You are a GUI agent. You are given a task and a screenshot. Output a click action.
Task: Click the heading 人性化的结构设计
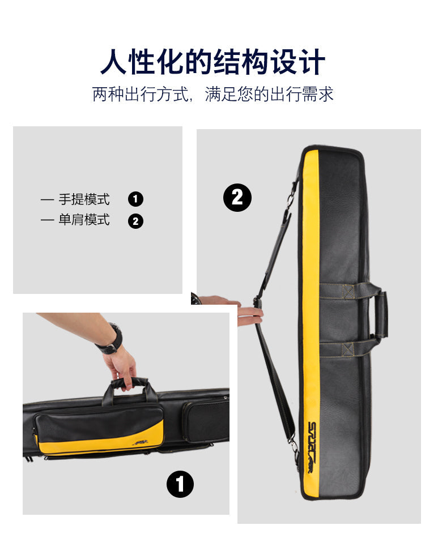tap(212, 62)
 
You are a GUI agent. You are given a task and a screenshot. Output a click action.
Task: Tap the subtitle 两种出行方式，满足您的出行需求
tap(212, 94)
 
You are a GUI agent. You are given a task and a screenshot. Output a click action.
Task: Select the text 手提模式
tap(84, 199)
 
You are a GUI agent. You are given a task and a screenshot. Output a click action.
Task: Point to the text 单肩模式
tap(84, 220)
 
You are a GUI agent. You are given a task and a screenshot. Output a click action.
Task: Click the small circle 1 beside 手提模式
tap(135, 199)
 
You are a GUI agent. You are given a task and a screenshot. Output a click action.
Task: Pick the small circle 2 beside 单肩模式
tap(135, 221)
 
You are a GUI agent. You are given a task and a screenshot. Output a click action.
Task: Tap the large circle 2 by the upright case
tap(237, 198)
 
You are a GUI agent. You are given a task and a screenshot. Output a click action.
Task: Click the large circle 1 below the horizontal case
tap(180, 484)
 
